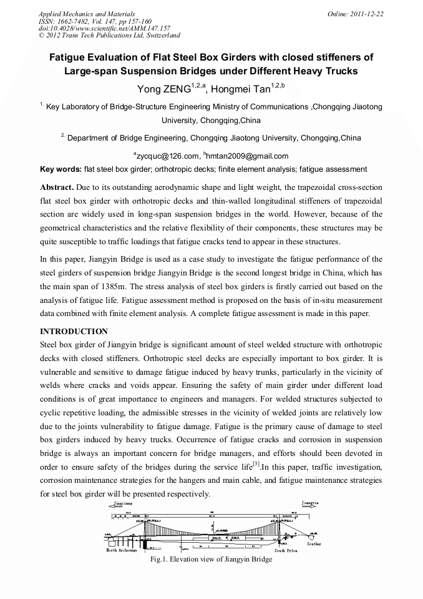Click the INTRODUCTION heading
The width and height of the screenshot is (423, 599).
click(x=74, y=331)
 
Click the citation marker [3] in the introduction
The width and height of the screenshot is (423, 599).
click(x=256, y=465)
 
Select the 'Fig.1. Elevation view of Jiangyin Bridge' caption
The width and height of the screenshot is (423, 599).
click(x=211, y=559)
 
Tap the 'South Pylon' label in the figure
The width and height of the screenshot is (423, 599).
click(x=286, y=550)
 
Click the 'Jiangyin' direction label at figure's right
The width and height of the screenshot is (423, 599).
click(x=310, y=502)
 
